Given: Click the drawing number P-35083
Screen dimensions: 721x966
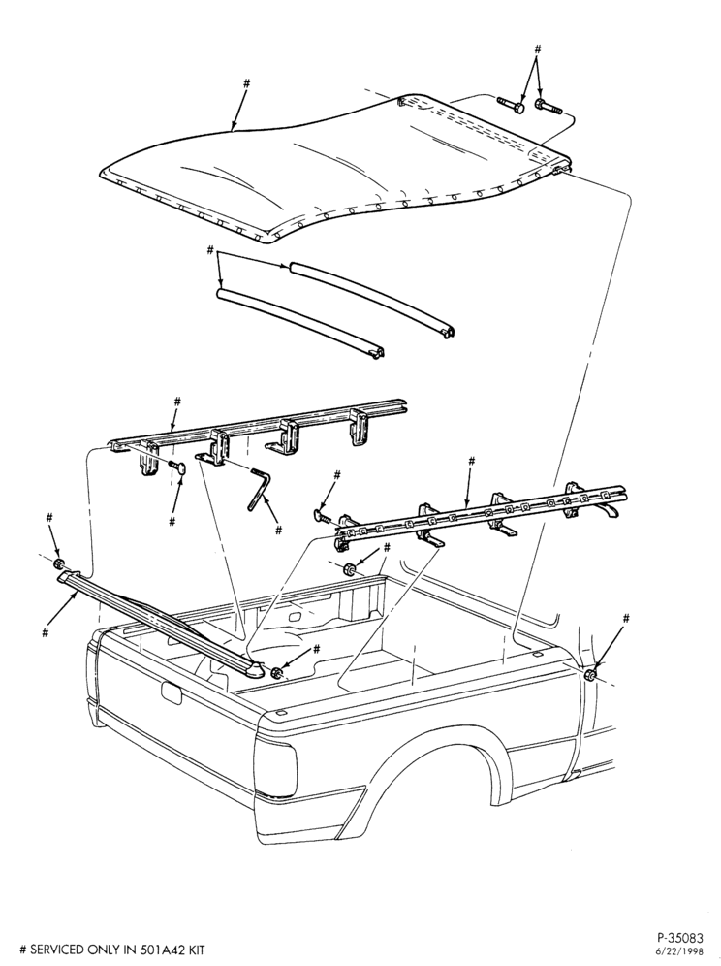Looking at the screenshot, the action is [679, 939].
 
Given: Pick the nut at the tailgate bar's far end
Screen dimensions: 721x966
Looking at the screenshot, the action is [58, 564].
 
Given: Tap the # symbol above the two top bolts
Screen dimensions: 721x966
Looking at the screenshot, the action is [537, 48].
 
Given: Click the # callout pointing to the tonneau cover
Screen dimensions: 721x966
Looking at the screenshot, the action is [247, 82].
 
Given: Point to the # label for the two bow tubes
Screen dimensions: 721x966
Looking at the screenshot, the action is [209, 251].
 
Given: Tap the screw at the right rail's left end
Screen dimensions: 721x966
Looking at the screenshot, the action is [322, 514].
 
